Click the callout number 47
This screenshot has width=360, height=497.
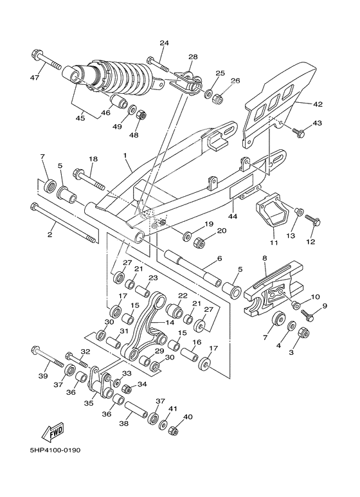pyautogui.click(x=35, y=78)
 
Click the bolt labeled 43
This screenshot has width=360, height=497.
pyautogui.click(x=297, y=132)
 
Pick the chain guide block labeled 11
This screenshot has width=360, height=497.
pyautogui.click(x=269, y=212)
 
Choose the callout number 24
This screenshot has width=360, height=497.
pyautogui.click(x=164, y=43)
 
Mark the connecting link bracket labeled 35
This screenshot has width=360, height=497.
pyautogui.click(x=100, y=386)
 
